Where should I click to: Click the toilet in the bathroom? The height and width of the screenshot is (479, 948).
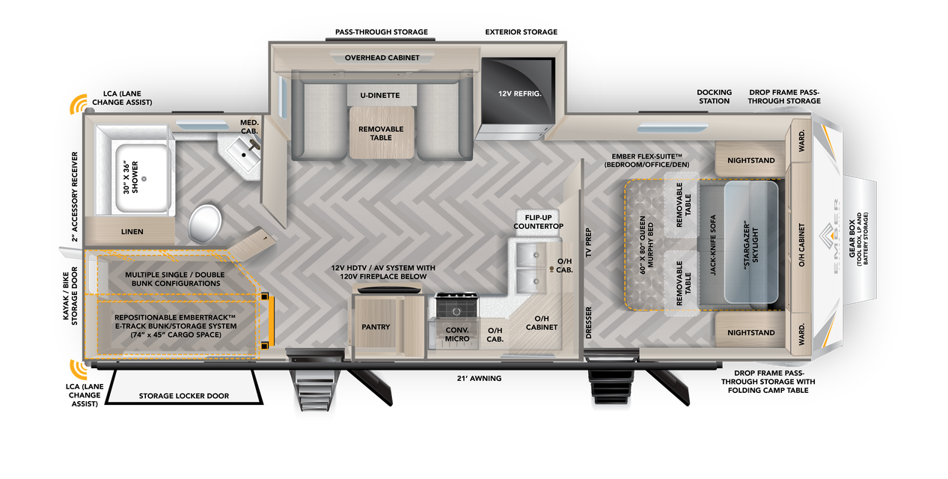pos(204,222)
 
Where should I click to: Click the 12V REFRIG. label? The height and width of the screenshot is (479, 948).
pos(519,94)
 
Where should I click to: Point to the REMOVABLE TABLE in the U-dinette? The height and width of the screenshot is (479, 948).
pos(380,133)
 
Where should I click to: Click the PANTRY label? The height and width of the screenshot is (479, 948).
pos(376,327)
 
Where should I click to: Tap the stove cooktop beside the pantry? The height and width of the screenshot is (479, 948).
pos(456,305)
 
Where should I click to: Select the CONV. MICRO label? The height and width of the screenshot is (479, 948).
pos(457,334)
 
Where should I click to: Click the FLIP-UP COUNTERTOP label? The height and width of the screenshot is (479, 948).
pos(538,221)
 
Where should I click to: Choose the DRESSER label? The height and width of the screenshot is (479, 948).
pos(589,323)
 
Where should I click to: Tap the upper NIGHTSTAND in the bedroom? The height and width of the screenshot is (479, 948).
pos(751,161)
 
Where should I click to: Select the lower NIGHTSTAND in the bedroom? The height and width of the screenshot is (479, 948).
pos(751,332)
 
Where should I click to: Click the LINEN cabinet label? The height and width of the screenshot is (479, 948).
pos(132,232)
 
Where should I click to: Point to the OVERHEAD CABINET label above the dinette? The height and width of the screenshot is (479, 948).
pos(382,58)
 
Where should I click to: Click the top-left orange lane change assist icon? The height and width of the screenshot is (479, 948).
pos(78,104)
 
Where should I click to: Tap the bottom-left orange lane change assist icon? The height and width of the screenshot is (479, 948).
pos(78,369)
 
